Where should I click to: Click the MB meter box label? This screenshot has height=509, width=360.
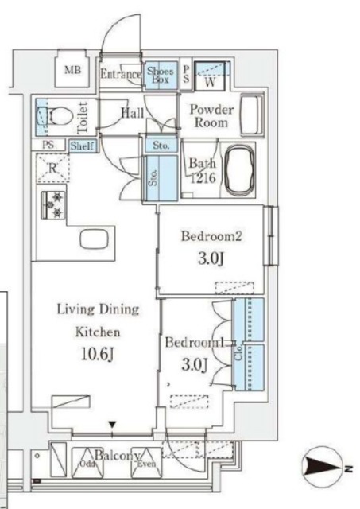(x=72, y=70)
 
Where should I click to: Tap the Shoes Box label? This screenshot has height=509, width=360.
(x=161, y=76)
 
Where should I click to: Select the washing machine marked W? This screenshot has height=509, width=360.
(x=210, y=76)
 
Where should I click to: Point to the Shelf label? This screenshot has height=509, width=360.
(x=83, y=146)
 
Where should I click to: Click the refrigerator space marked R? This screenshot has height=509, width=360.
(x=53, y=168)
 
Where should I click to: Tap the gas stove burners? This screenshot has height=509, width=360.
(x=53, y=205)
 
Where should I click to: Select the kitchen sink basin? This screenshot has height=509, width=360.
(x=94, y=239)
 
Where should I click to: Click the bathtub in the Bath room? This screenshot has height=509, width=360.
(x=239, y=170)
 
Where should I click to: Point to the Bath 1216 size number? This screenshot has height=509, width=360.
(x=203, y=178)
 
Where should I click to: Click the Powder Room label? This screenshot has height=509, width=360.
(x=211, y=116)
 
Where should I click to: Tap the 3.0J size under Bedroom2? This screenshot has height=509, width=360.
(x=211, y=258)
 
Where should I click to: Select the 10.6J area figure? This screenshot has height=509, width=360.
(x=97, y=354)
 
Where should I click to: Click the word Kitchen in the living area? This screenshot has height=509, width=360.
(x=98, y=332)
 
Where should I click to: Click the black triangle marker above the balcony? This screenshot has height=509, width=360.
(x=112, y=424)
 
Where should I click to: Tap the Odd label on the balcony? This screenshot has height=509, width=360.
(x=87, y=464)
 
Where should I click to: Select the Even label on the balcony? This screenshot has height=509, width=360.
(x=146, y=464)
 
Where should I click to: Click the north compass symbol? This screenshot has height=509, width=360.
(x=323, y=468)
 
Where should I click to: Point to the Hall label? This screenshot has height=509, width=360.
(x=133, y=113)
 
